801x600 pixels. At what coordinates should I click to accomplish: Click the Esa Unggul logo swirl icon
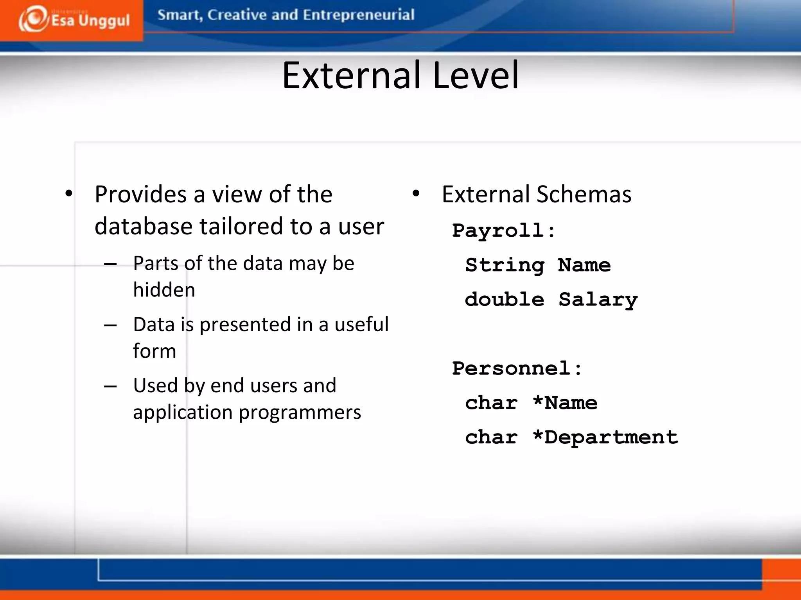(x=34, y=19)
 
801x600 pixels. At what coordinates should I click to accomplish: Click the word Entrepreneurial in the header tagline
(x=358, y=15)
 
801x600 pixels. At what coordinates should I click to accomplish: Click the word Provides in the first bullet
(x=141, y=195)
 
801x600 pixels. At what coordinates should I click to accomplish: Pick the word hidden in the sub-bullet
(x=164, y=290)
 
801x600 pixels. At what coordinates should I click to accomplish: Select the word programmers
(x=300, y=412)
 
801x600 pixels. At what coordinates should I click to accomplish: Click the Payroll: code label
(x=503, y=230)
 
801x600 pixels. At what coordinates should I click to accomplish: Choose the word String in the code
(x=505, y=266)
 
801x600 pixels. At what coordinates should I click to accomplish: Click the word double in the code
(x=505, y=300)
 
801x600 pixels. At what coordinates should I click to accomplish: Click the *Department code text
(x=605, y=437)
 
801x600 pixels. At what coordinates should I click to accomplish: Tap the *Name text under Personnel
(x=565, y=403)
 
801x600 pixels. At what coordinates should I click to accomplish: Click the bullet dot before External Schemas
(x=416, y=193)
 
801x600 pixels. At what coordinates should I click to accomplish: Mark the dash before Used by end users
(x=110, y=386)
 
